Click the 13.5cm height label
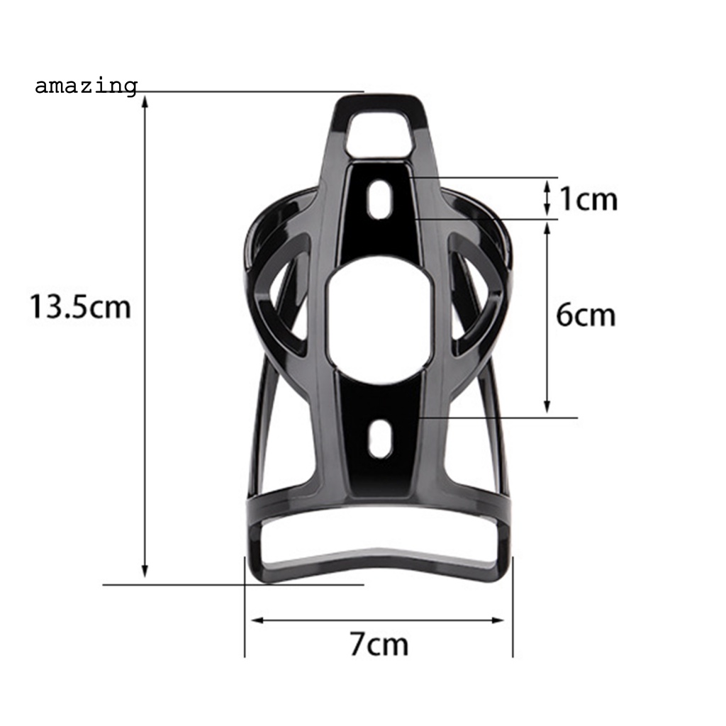pyautogui.click(x=79, y=308)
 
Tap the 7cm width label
pyautogui.click(x=379, y=645)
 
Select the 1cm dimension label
pyautogui.click(x=588, y=200)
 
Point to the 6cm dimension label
pyautogui.click(x=586, y=315)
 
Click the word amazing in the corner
pyautogui.click(x=86, y=86)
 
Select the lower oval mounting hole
pyautogui.click(x=379, y=437)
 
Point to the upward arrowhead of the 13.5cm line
pyautogui.click(x=145, y=101)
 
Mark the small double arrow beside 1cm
pyautogui.click(x=547, y=198)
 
